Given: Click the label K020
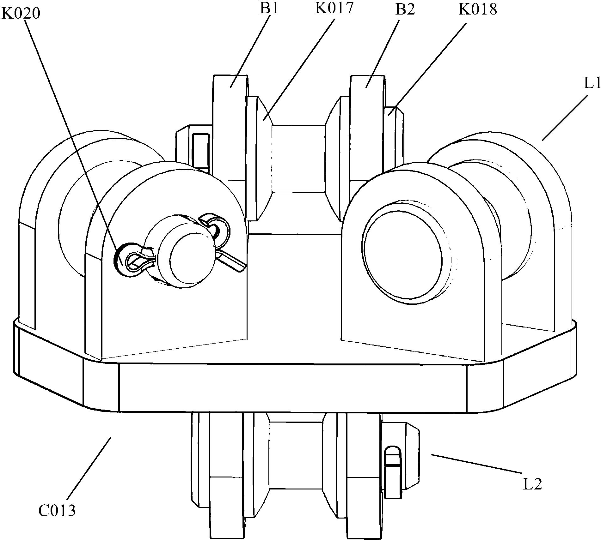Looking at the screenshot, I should pos(21,14).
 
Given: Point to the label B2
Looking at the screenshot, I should pos(405,9).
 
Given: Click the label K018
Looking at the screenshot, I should pos(478,9).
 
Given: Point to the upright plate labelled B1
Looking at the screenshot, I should pos(229,126).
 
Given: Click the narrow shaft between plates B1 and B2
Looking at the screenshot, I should pos(299,158).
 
